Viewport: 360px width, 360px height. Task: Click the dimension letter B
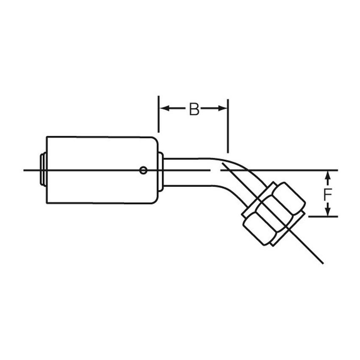point(194,109)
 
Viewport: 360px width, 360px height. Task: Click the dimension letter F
point(327,195)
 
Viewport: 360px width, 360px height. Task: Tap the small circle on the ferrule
point(144,170)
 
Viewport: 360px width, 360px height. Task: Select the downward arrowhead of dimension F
point(327,213)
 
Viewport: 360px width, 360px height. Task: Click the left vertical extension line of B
point(158,114)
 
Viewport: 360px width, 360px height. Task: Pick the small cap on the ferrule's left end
point(43,170)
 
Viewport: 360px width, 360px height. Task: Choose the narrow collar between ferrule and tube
point(161,170)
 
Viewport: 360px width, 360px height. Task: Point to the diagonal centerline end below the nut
point(323,263)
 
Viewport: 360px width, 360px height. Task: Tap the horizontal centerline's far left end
point(25,170)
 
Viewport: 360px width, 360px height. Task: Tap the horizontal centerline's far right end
point(338,170)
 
